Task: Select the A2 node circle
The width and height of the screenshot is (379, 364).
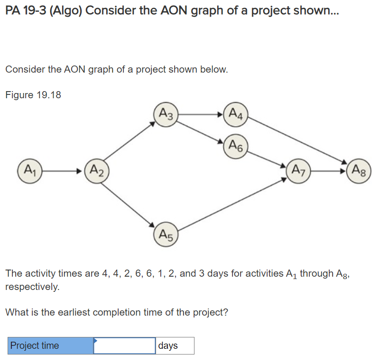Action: (x=96, y=169)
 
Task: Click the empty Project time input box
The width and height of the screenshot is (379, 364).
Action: (x=124, y=346)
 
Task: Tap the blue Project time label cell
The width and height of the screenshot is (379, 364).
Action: (x=50, y=346)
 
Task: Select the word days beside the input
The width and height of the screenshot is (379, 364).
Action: (x=168, y=346)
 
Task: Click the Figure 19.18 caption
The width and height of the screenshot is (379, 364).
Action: (x=33, y=94)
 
